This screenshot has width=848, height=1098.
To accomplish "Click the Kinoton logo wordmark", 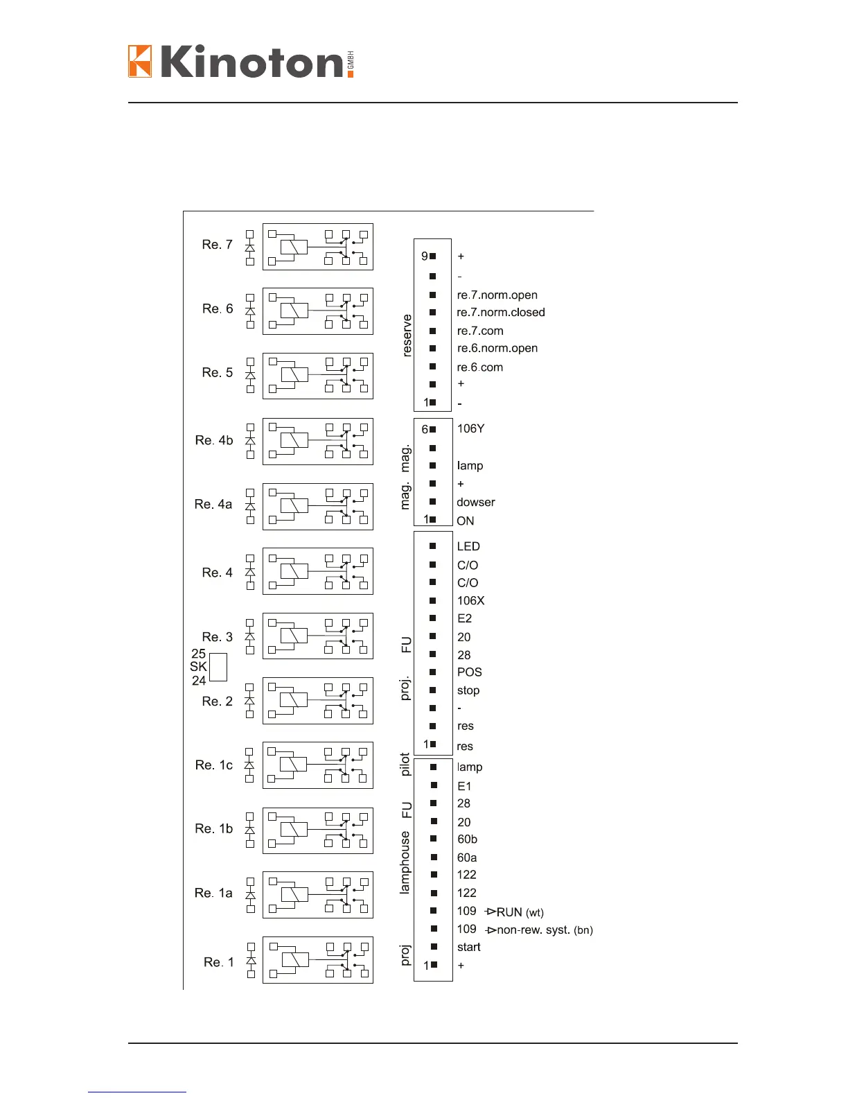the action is [x=241, y=61].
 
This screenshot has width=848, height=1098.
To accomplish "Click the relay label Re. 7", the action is [x=217, y=245].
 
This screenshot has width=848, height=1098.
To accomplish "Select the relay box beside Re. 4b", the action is [x=318, y=442].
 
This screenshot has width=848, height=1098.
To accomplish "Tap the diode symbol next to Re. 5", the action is [x=250, y=375].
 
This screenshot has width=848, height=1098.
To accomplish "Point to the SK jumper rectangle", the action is [x=218, y=667].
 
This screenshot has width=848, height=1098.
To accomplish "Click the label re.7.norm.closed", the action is [x=501, y=313].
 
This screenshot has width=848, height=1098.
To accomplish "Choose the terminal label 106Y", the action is [x=470, y=429].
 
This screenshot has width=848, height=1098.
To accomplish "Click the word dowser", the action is [x=476, y=503].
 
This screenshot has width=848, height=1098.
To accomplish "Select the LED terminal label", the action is [x=468, y=547].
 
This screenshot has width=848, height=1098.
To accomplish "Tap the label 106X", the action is [x=470, y=601].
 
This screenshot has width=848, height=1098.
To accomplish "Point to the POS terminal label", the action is [x=469, y=672].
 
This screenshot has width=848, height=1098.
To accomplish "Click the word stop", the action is [x=468, y=690].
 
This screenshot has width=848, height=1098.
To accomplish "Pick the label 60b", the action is [x=467, y=839].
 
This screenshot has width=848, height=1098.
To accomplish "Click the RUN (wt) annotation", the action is [x=520, y=912].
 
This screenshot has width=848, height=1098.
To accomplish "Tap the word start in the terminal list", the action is [x=468, y=948].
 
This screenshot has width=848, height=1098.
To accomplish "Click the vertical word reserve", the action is [x=407, y=335].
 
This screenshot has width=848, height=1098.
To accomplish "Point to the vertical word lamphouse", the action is [x=405, y=862].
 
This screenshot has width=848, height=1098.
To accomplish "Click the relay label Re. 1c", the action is [x=213, y=765].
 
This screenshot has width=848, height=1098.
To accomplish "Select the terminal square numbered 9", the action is [x=433, y=256].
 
